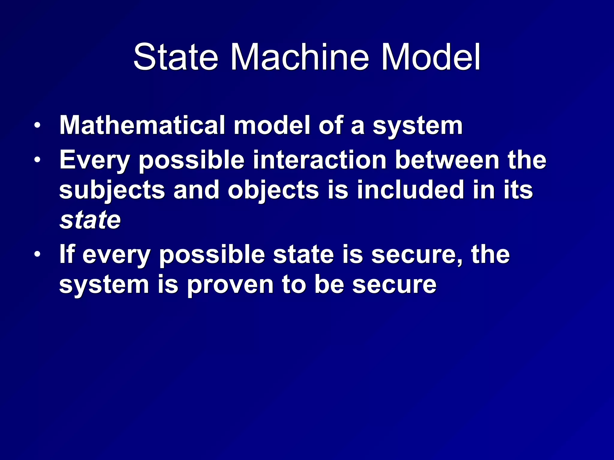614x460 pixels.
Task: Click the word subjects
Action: tap(112, 190)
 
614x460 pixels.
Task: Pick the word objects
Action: tap(273, 190)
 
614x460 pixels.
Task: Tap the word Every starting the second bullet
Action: tap(94, 160)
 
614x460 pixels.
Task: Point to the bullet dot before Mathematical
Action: tap(37, 125)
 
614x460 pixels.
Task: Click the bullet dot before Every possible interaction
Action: tap(37, 160)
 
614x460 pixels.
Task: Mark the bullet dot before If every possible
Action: tap(37, 254)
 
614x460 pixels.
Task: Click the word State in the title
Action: tap(175, 57)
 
